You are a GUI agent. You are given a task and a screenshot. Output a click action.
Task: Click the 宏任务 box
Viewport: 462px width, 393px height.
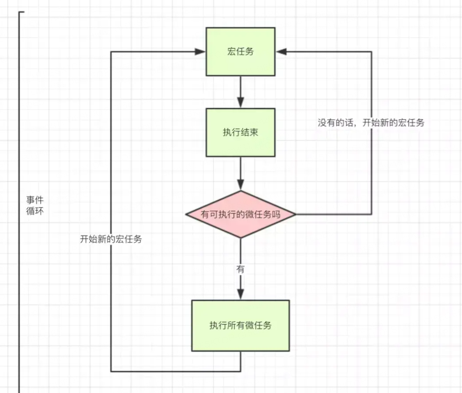(x=240, y=51)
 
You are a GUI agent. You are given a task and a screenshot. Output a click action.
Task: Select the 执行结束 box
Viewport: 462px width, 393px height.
(x=240, y=133)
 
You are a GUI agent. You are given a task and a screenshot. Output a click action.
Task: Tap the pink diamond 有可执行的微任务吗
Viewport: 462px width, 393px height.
(x=240, y=214)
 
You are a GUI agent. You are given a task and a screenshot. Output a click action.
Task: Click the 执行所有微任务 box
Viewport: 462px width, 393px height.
(x=240, y=325)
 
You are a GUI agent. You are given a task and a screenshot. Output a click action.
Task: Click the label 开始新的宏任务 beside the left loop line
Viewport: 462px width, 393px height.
(x=111, y=239)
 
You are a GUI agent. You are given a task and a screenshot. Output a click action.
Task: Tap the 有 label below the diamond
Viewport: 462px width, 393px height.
(x=240, y=269)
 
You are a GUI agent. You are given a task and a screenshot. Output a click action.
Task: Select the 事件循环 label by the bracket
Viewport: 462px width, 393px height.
(x=35, y=206)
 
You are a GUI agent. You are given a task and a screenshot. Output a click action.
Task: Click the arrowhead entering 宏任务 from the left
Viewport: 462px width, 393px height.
(x=200, y=51)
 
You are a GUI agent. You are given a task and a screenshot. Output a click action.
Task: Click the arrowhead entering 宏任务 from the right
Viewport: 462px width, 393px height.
(x=281, y=51)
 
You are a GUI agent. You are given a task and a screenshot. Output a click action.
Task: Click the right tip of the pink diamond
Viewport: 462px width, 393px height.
(x=295, y=214)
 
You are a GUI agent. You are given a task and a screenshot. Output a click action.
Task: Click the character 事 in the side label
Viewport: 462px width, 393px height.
(x=30, y=200)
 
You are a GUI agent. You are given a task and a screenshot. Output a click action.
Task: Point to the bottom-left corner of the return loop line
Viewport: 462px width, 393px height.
(x=111, y=371)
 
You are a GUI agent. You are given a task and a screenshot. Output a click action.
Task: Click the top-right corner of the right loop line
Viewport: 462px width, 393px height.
(x=371, y=51)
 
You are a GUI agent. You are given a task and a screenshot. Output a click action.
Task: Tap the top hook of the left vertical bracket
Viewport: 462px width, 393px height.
(x=22, y=12)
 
